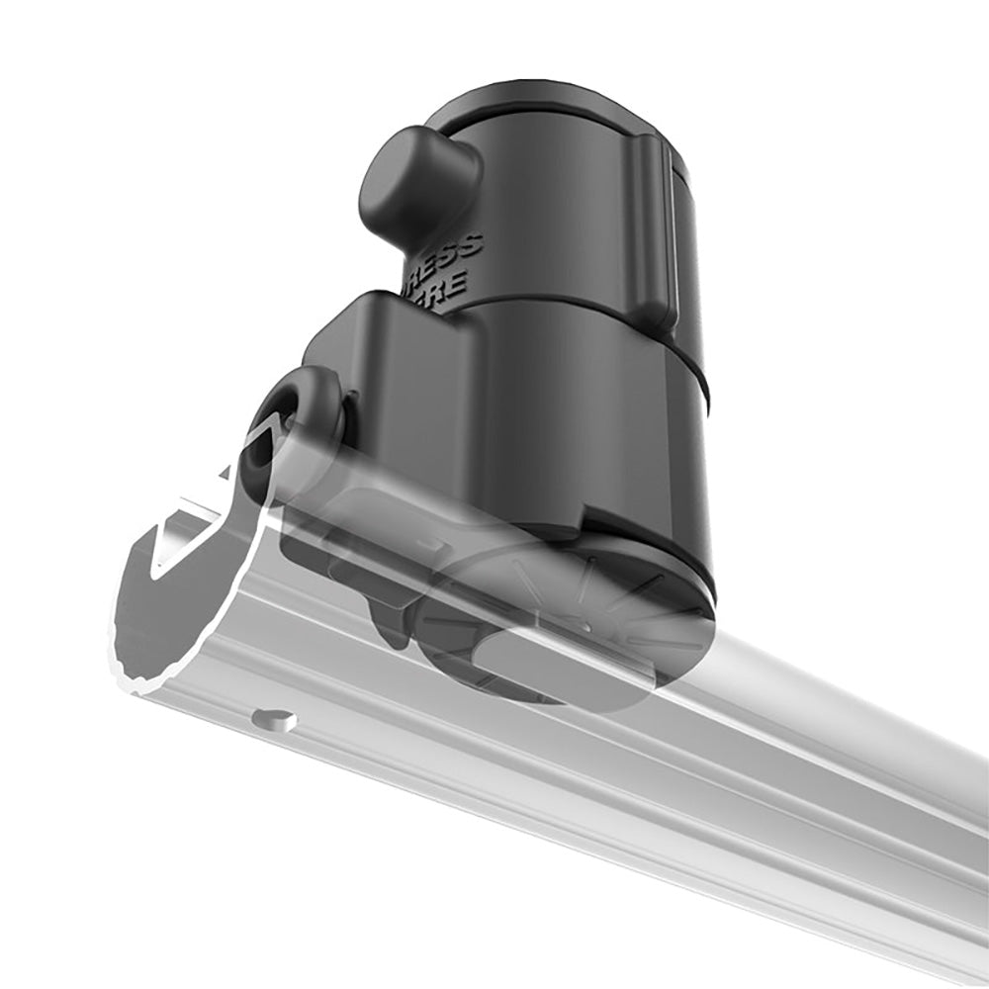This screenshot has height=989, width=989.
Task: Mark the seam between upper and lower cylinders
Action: click(x=593, y=326)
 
